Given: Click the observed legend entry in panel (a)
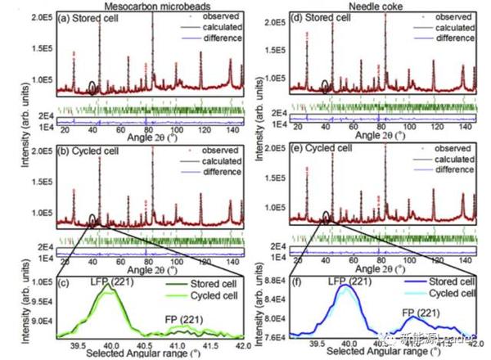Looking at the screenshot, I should click(x=209, y=16).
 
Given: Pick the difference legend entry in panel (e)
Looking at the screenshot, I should click(x=455, y=171).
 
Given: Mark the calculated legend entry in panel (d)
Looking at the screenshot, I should click(x=455, y=27).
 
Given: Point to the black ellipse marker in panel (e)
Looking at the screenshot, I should click(x=327, y=217).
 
